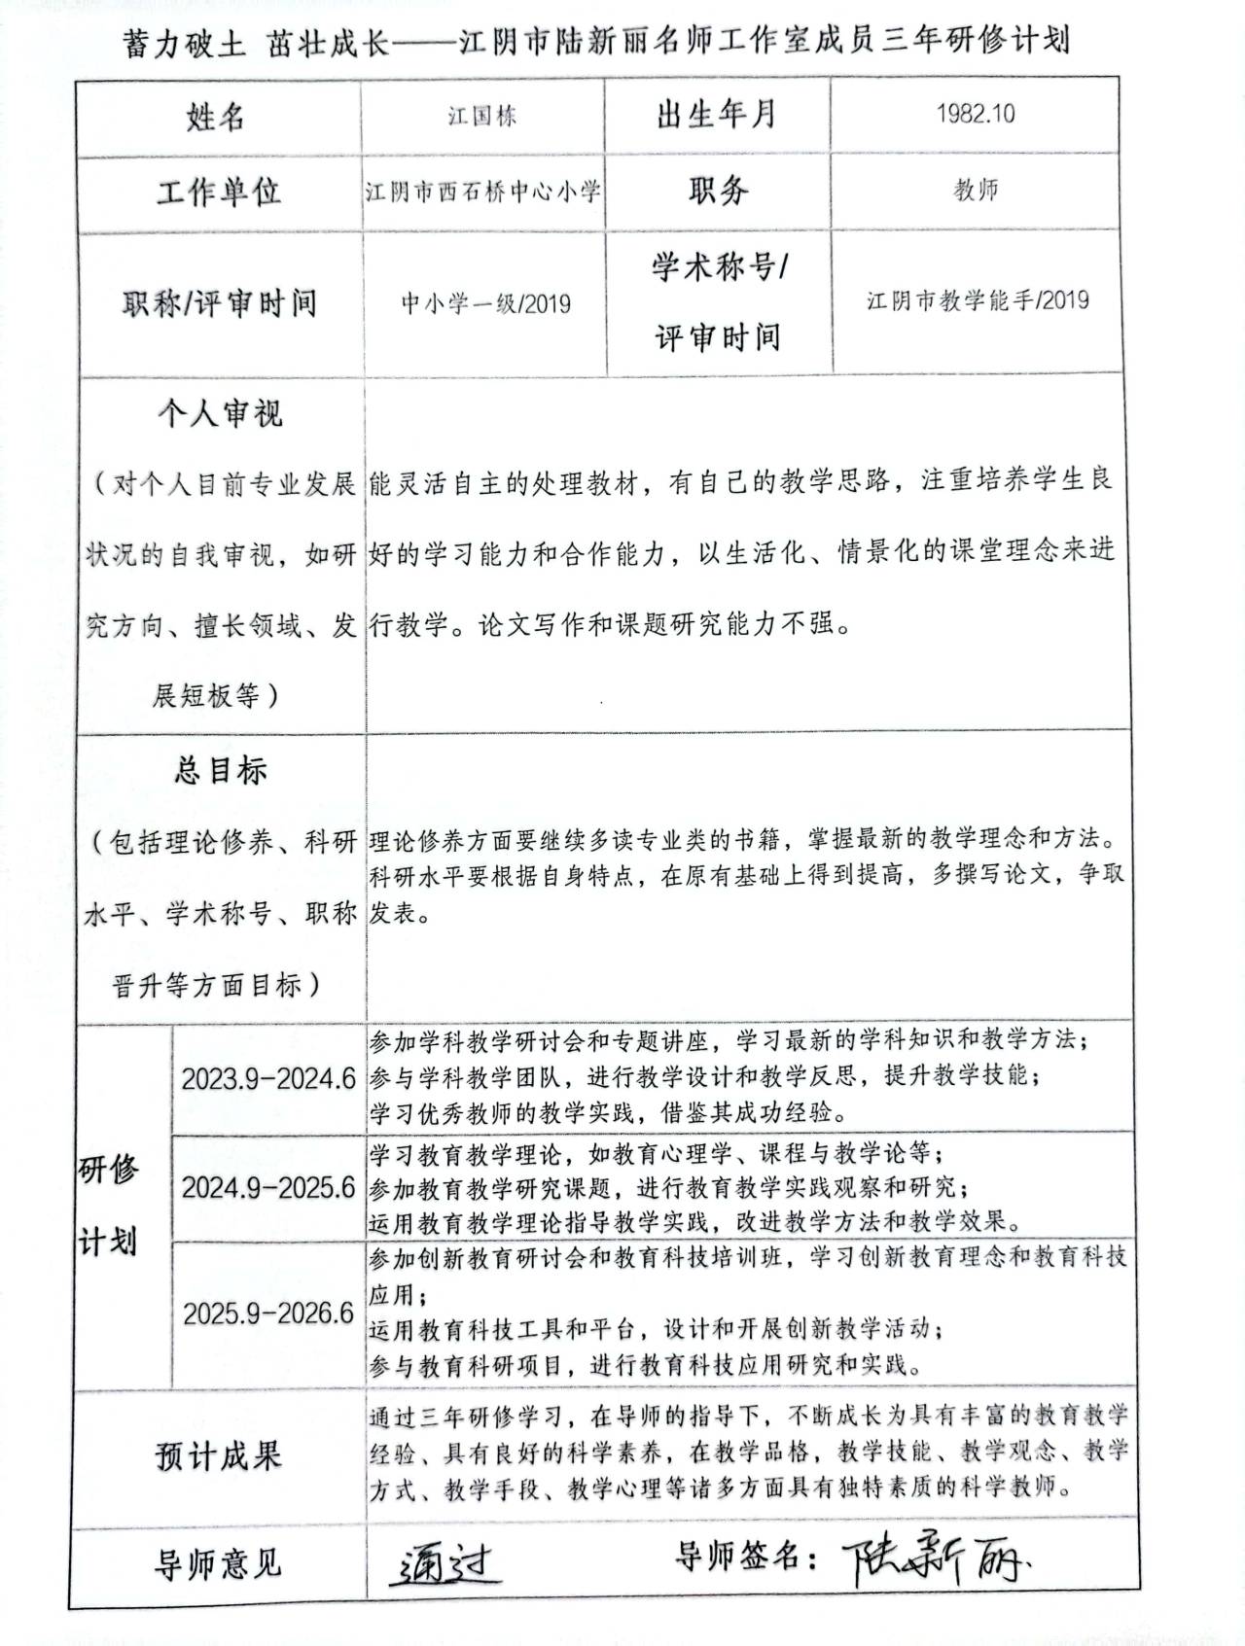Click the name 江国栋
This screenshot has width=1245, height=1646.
coord(482,117)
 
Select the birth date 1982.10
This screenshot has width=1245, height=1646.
coord(975,114)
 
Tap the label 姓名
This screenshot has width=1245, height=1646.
coord(216,117)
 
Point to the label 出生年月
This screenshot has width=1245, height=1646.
coord(717,115)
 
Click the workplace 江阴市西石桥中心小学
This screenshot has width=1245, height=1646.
coord(483,191)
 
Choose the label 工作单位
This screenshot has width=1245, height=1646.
coord(219,192)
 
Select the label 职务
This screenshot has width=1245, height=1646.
coord(718,190)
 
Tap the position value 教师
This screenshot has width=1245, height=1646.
coord(976,190)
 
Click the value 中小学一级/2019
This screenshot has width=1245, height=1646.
coord(485,304)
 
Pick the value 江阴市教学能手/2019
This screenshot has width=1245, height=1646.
coord(978,300)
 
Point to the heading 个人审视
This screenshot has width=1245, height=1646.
coord(220,414)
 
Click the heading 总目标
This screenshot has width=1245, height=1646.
coord(220,770)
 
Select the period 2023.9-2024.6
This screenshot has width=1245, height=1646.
coord(268,1079)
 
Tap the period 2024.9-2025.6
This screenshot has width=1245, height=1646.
coord(268,1187)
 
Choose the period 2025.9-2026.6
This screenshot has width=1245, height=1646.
coord(268,1313)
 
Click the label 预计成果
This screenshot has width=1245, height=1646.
coord(218,1456)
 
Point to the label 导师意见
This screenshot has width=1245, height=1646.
coord(218,1562)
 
